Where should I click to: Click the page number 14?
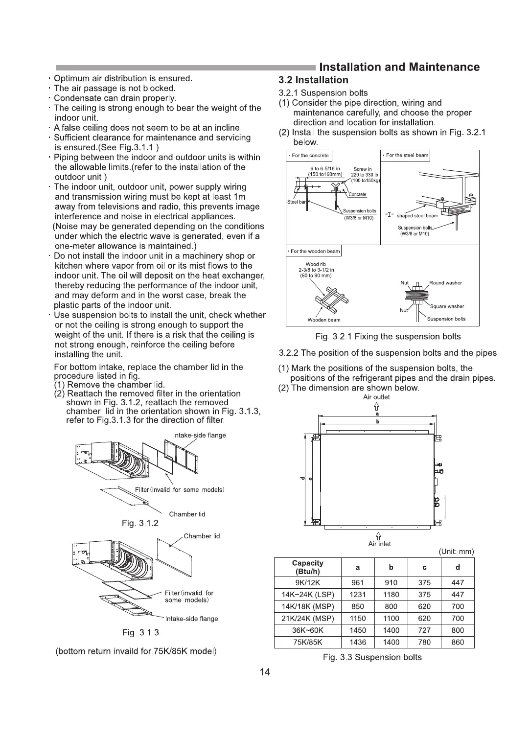[265, 672]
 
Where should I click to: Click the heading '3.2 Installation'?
[313, 80]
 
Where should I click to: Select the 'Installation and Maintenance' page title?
[399, 67]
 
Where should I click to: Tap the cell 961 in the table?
[358, 583]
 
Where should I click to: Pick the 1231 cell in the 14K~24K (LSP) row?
[358, 595]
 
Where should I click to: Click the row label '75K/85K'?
[307, 642]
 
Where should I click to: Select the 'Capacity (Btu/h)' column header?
[307, 568]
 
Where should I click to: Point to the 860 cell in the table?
[458, 642]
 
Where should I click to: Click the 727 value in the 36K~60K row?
[424, 630]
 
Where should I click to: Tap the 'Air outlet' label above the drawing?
[376, 397]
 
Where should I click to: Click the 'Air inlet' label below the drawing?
[379, 544]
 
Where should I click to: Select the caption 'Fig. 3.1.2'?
[140, 523]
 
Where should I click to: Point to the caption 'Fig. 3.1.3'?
[140, 633]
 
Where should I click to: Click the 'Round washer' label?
[445, 283]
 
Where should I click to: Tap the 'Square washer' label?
[447, 306]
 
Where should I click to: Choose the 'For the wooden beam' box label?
[314, 252]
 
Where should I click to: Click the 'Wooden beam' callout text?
[324, 320]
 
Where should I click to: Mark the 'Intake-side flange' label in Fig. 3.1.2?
[199, 436]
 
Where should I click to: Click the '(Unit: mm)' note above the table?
[456, 552]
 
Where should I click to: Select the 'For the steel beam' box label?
[406, 156]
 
